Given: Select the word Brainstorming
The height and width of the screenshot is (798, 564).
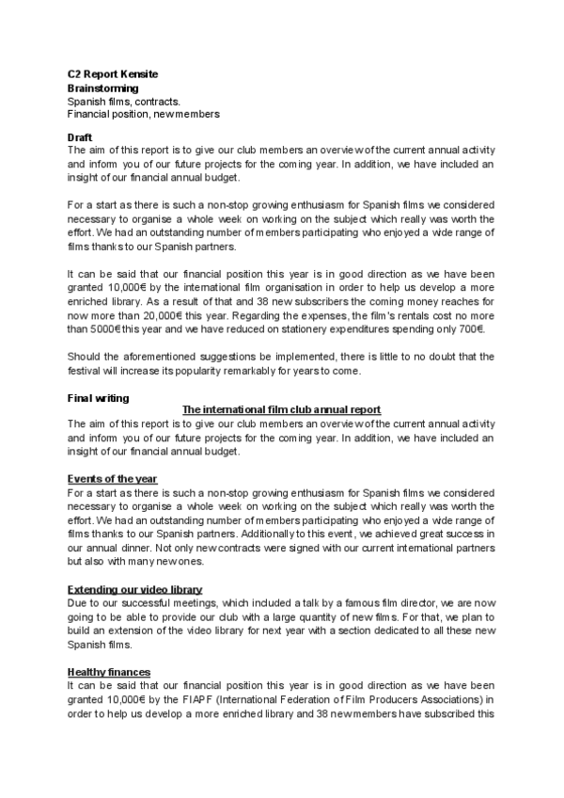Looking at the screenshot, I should coord(103,88).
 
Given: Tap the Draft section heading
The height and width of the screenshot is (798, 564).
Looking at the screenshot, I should coord(80,137).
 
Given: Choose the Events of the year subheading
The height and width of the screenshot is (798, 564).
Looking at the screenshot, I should coord(113,479).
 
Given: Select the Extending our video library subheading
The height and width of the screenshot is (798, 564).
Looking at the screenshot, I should coord(134,588).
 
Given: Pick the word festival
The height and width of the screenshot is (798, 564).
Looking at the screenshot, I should coord(87,371).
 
